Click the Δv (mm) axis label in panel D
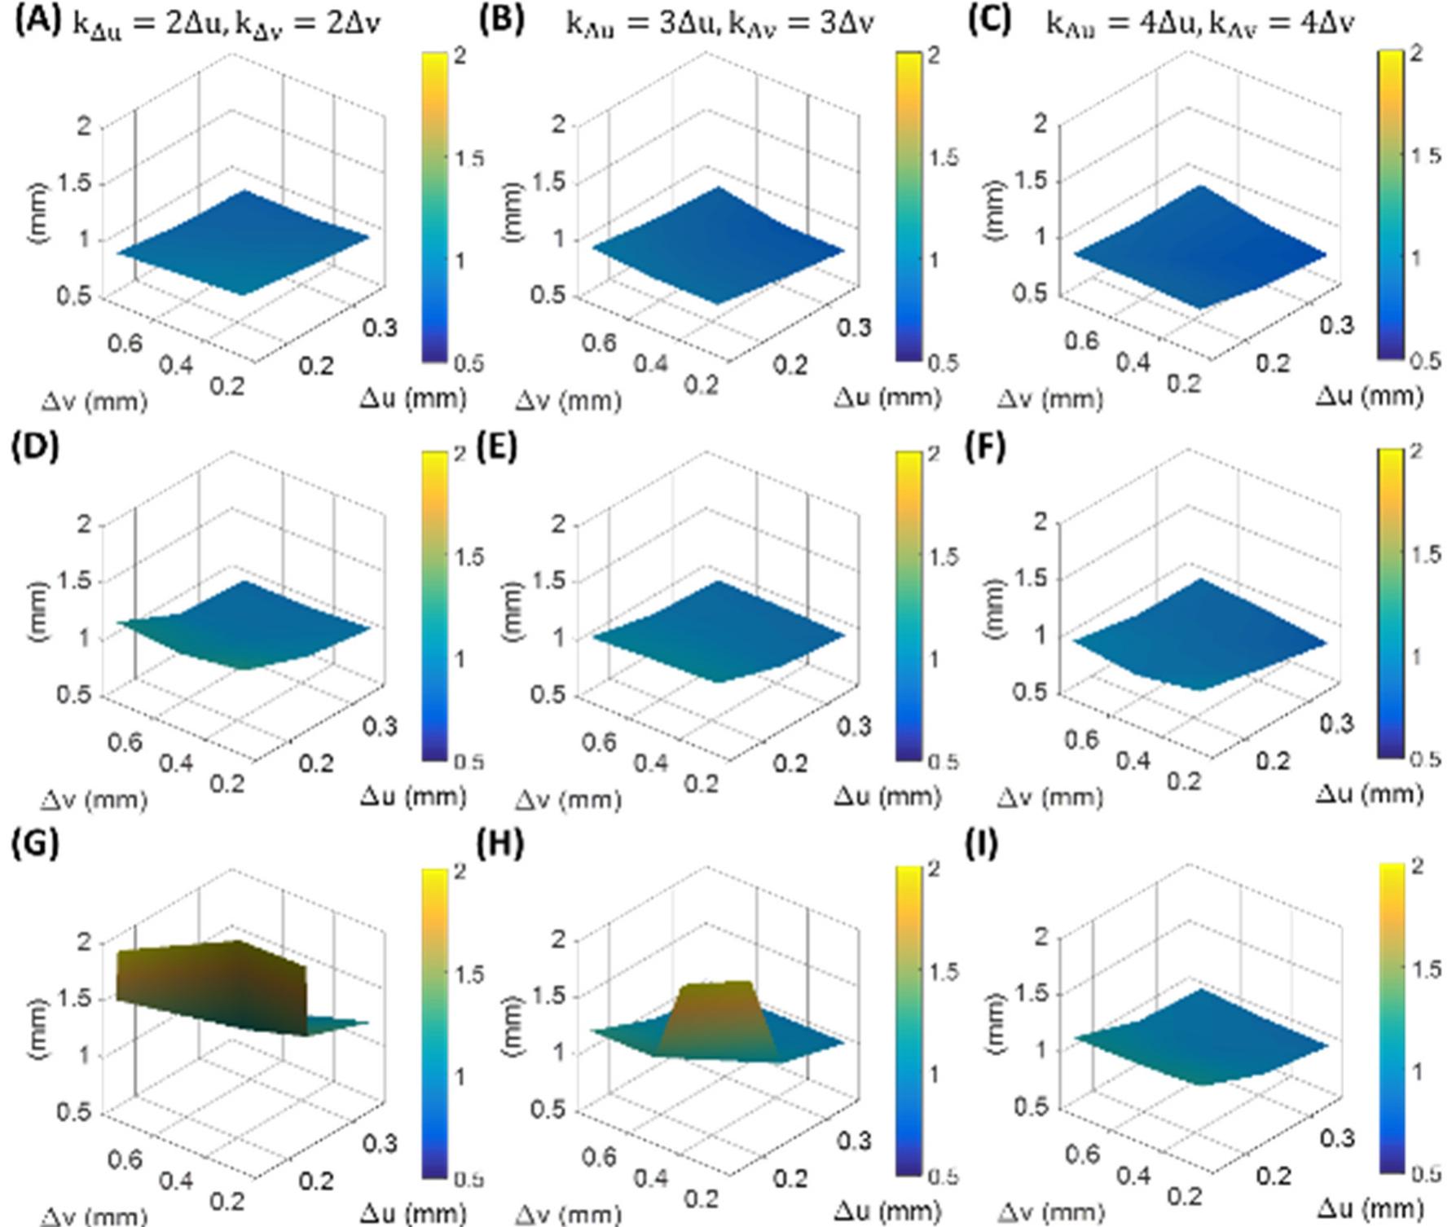[94, 800]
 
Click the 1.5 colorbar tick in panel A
[469, 158]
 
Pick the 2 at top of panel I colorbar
[1418, 867]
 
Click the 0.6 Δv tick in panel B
[599, 343]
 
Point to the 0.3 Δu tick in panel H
[853, 1141]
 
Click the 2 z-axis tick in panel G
[84, 943]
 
